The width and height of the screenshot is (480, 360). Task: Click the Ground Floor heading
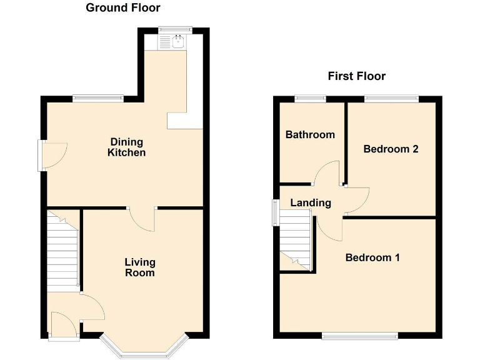pyautogui.click(x=122, y=8)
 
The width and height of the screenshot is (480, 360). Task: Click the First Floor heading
pyautogui.click(x=357, y=76)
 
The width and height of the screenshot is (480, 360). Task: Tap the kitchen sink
pyautogui.click(x=177, y=42)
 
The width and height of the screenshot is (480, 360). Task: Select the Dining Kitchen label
pyautogui.click(x=127, y=147)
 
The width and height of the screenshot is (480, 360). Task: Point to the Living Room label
pyautogui.click(x=139, y=267)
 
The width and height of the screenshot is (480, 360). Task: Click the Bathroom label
pyautogui.click(x=310, y=134)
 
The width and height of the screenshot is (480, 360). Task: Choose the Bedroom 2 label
pyautogui.click(x=391, y=149)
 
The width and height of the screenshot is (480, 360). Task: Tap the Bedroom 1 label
pyautogui.click(x=372, y=257)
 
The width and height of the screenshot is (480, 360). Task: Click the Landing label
pyautogui.click(x=311, y=202)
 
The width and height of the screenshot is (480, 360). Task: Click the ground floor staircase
pyautogui.click(x=62, y=250)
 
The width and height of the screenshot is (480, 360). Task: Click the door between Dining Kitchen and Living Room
pyautogui.click(x=142, y=219)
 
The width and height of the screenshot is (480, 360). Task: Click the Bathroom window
pyautogui.click(x=310, y=97)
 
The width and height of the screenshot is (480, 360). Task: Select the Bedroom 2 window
pyautogui.click(x=391, y=97)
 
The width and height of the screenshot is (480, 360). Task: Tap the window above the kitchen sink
pyautogui.click(x=174, y=28)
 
